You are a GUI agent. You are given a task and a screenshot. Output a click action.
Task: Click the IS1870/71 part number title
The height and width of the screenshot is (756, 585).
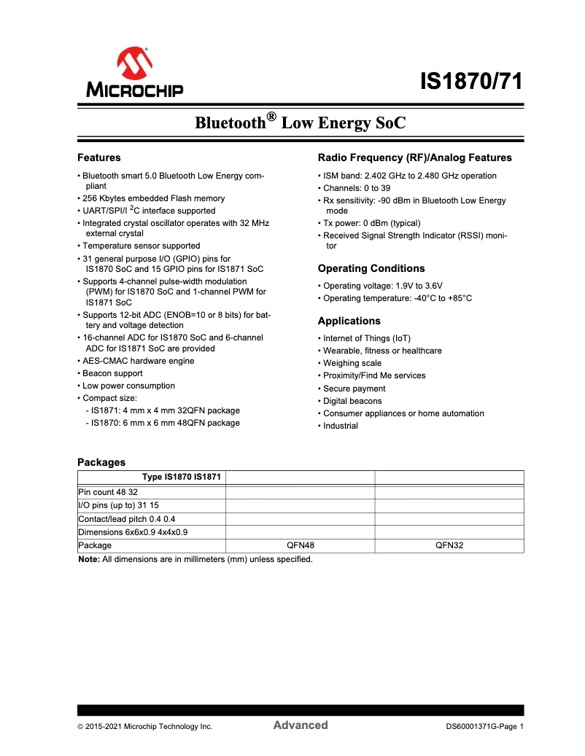click(x=472, y=82)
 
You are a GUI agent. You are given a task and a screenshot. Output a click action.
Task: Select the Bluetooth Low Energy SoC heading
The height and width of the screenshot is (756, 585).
click(x=300, y=122)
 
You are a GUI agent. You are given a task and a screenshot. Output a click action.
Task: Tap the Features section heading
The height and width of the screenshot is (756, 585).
click(x=99, y=157)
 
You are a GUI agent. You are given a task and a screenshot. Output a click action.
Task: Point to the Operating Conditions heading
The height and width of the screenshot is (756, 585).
click(x=371, y=268)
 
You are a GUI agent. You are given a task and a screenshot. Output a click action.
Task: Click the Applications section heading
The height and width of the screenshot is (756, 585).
click(x=349, y=321)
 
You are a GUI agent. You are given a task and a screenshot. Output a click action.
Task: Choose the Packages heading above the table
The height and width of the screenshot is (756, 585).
click(x=101, y=462)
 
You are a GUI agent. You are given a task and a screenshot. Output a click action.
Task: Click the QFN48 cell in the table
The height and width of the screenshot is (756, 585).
click(x=301, y=545)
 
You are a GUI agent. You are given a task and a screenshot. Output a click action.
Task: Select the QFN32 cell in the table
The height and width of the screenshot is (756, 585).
click(x=449, y=545)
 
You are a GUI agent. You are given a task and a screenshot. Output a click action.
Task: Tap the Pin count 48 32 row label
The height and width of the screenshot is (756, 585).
click(x=108, y=492)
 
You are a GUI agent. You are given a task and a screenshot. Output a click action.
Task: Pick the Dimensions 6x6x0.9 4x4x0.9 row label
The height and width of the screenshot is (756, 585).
click(x=133, y=532)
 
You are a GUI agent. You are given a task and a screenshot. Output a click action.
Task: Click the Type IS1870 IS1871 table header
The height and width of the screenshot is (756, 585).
click(x=182, y=478)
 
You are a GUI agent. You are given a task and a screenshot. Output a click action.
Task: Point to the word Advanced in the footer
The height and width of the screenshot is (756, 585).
click(x=301, y=725)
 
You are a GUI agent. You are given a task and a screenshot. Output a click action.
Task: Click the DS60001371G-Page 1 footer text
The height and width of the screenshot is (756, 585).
click(x=486, y=727)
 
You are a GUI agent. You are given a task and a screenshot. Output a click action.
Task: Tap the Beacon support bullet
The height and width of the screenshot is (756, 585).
click(x=112, y=373)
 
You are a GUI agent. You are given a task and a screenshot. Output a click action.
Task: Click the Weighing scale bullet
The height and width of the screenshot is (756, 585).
click(x=352, y=363)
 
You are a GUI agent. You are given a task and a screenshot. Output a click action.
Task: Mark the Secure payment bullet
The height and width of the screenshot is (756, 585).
click(x=355, y=389)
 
